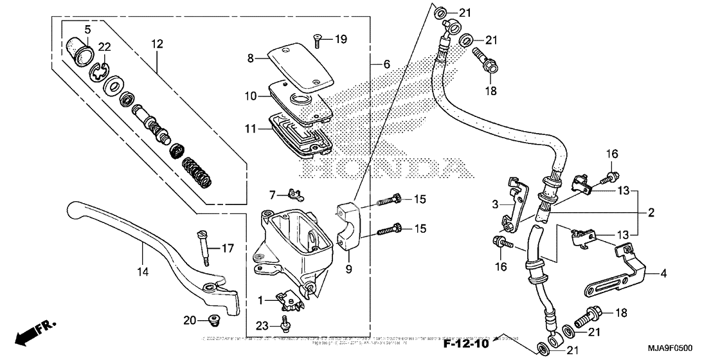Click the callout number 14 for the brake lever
click(142, 273)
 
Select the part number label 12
click(157, 44)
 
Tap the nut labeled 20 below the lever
click(210, 319)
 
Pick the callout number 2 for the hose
click(651, 212)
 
